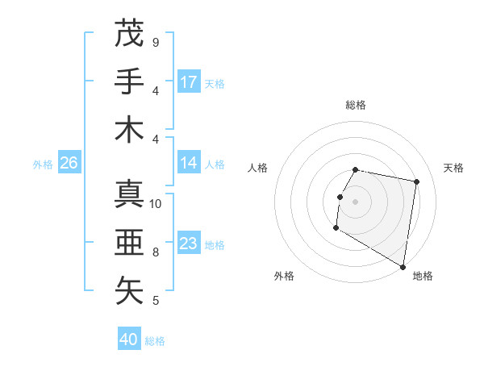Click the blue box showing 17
pyautogui.click(x=189, y=81)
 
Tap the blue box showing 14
pyautogui.click(x=189, y=163)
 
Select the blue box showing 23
pyautogui.click(x=189, y=244)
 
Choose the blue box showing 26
pyautogui.click(x=69, y=163)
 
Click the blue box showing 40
pyautogui.click(x=129, y=339)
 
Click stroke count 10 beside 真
pyautogui.click(x=156, y=204)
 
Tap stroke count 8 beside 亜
pyautogui.click(x=156, y=252)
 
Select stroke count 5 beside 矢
pyautogui.click(x=156, y=301)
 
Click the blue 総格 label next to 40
pyautogui.click(x=155, y=341)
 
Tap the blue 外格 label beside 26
pyautogui.click(x=43, y=165)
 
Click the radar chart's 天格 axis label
pyautogui.click(x=454, y=168)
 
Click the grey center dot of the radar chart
pyautogui.click(x=355, y=202)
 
